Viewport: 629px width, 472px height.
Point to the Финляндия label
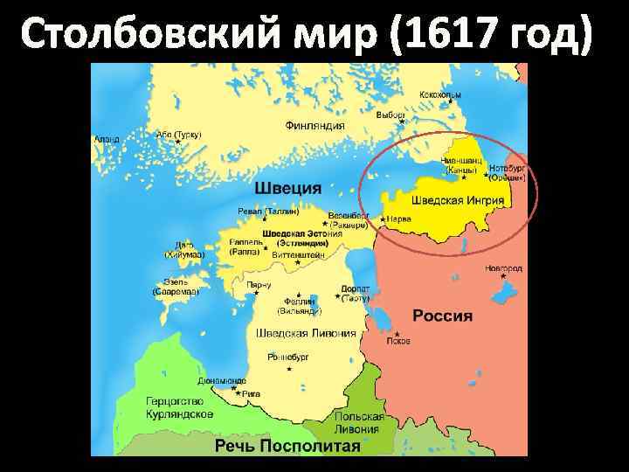point(314,125)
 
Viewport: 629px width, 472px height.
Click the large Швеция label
point(287,188)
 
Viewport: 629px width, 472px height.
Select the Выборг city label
point(391,115)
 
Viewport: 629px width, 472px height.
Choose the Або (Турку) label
point(178,135)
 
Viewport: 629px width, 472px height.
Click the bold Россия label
point(442,316)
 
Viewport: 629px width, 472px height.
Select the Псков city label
point(399,342)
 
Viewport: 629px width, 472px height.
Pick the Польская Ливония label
point(357,423)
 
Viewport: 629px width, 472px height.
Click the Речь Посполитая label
point(287,446)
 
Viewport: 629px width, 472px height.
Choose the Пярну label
point(259,285)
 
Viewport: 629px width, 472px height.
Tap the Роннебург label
point(293,357)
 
